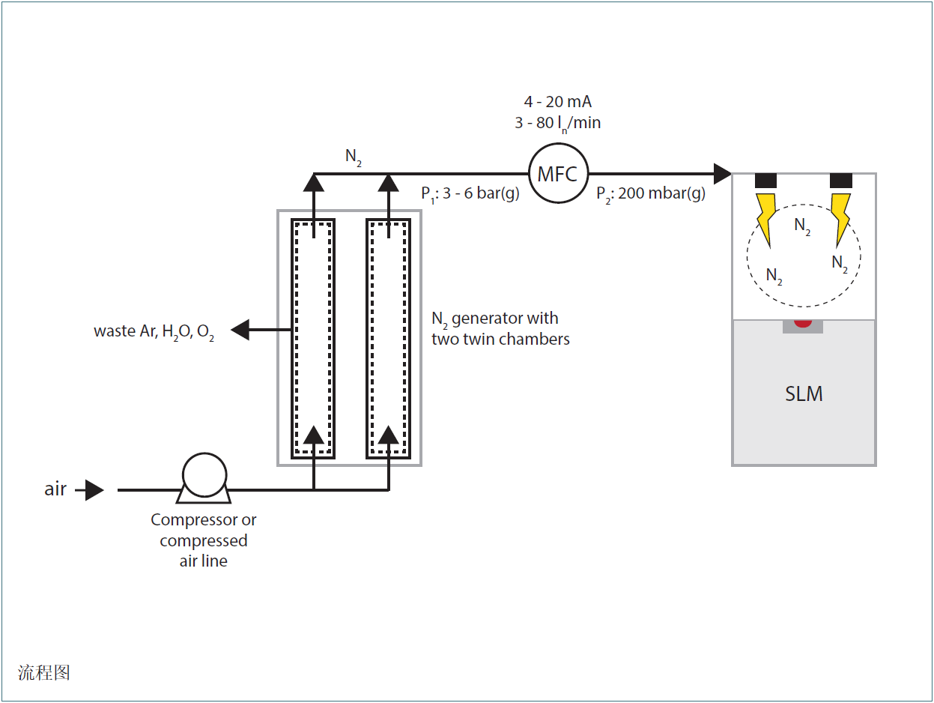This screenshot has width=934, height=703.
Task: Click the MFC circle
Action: click(558, 174)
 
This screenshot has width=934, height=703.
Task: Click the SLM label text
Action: click(804, 393)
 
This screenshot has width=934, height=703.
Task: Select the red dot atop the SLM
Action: click(803, 323)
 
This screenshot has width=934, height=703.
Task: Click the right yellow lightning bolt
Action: click(840, 217)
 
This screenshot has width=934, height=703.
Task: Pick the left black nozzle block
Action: click(765, 181)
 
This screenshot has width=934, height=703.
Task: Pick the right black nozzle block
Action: click(841, 181)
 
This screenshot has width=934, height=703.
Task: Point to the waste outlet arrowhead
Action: click(240, 329)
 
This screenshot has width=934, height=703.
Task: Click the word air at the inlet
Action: click(55, 489)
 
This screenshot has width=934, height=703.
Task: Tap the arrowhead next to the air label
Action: click(94, 490)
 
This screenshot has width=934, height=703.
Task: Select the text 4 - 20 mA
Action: click(557, 102)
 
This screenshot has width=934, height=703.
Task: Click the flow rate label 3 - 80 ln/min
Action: click(557, 123)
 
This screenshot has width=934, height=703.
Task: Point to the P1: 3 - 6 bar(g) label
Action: click(470, 194)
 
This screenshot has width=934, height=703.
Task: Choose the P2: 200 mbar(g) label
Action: click(651, 194)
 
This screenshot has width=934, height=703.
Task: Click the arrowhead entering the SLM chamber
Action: click(722, 174)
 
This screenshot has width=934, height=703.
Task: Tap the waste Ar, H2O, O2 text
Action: click(154, 331)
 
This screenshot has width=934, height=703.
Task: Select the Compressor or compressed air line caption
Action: click(204, 540)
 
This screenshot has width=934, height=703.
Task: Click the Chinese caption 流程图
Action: click(44, 672)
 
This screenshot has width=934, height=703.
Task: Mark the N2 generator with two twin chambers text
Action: click(500, 329)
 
